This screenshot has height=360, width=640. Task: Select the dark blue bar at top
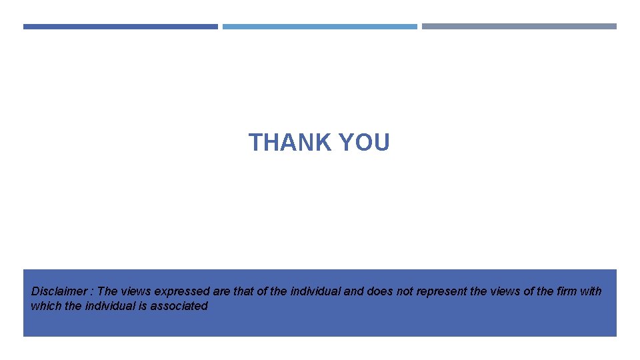point(121,27)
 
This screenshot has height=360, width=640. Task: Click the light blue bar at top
point(320,27)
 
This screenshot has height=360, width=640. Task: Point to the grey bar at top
point(519,27)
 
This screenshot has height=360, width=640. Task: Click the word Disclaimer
point(59,291)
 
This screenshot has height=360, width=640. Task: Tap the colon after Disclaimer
point(92,291)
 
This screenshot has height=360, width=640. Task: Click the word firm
point(566,291)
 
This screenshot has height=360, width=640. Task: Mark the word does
point(379,291)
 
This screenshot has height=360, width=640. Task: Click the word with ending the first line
point(591,291)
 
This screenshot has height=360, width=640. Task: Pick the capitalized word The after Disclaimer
point(107,291)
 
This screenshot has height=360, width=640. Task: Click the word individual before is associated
point(111,306)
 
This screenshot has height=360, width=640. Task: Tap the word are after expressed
point(221,291)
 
